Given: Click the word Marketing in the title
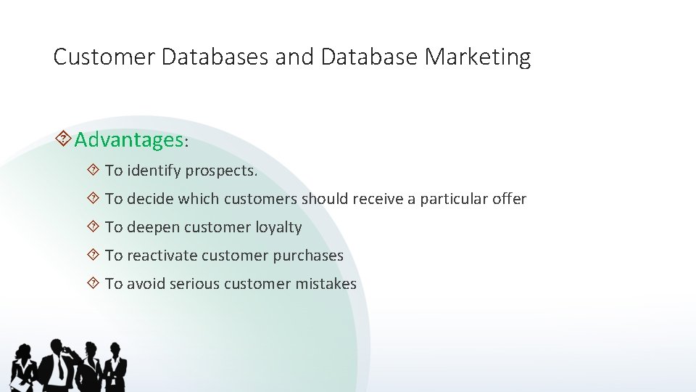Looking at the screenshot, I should pos(479,57).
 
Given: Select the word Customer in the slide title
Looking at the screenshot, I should pos(104,57).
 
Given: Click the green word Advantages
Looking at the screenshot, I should pos(129,139).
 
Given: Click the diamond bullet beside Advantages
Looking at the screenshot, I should pos(63,139).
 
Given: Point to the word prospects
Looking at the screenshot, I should pos(221,171).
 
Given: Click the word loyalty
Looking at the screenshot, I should pos(278,227).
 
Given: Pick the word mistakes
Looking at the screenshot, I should pos(326,284).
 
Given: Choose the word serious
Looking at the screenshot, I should pos(194,284).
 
